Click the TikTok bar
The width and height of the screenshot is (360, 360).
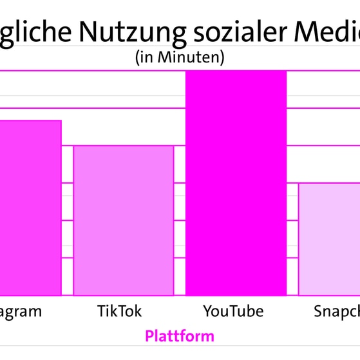(x=123, y=220)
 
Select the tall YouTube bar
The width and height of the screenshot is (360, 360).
(x=236, y=183)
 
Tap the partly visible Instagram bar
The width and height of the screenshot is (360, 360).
(x=30, y=207)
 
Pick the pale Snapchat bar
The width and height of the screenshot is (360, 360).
(x=329, y=239)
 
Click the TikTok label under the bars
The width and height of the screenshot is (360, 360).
(x=119, y=312)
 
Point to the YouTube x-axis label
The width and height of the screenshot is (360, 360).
(x=233, y=312)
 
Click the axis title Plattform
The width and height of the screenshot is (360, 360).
(x=180, y=336)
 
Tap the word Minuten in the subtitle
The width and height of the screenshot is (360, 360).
(x=190, y=57)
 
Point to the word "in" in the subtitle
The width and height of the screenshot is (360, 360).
(x=145, y=57)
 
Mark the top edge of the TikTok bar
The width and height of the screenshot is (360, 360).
(x=123, y=146)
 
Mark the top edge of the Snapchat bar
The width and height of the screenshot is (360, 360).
(x=329, y=184)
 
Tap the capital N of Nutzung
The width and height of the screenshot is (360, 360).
(x=90, y=31)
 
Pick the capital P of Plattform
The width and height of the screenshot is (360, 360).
(x=149, y=336)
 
